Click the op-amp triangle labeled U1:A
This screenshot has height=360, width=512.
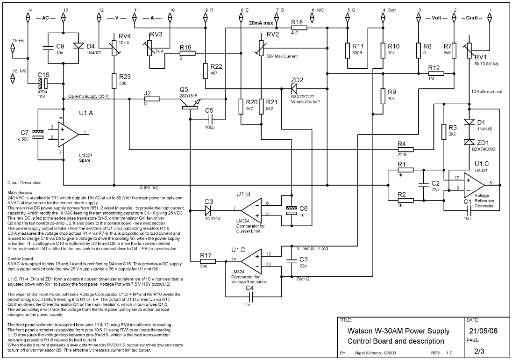click(67, 133)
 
